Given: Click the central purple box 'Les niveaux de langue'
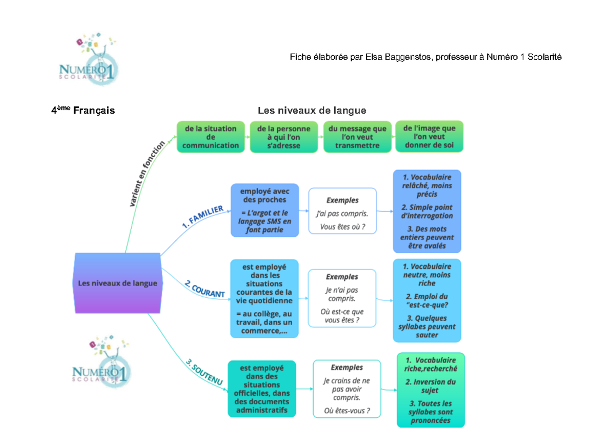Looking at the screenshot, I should click(117, 283).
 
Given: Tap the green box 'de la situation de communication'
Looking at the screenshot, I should click(210, 137).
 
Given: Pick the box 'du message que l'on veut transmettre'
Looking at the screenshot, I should click(357, 137).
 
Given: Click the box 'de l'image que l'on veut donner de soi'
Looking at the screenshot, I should click(429, 136).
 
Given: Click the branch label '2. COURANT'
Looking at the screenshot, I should click(204, 290).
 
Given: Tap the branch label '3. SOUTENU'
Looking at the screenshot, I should click(204, 372).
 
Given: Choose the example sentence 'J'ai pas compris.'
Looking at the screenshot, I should click(342, 213).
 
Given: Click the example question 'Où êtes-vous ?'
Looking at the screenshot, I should click(347, 411).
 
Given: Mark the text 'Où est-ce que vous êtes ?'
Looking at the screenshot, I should click(342, 316).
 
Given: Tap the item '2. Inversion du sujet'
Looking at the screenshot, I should click(430, 386).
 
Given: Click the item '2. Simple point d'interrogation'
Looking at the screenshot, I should click(427, 211).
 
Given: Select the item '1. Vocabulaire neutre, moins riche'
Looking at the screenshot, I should click(427, 275).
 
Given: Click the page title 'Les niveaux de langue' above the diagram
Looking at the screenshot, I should click(312, 110).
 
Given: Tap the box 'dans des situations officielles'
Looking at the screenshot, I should click(262, 389).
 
